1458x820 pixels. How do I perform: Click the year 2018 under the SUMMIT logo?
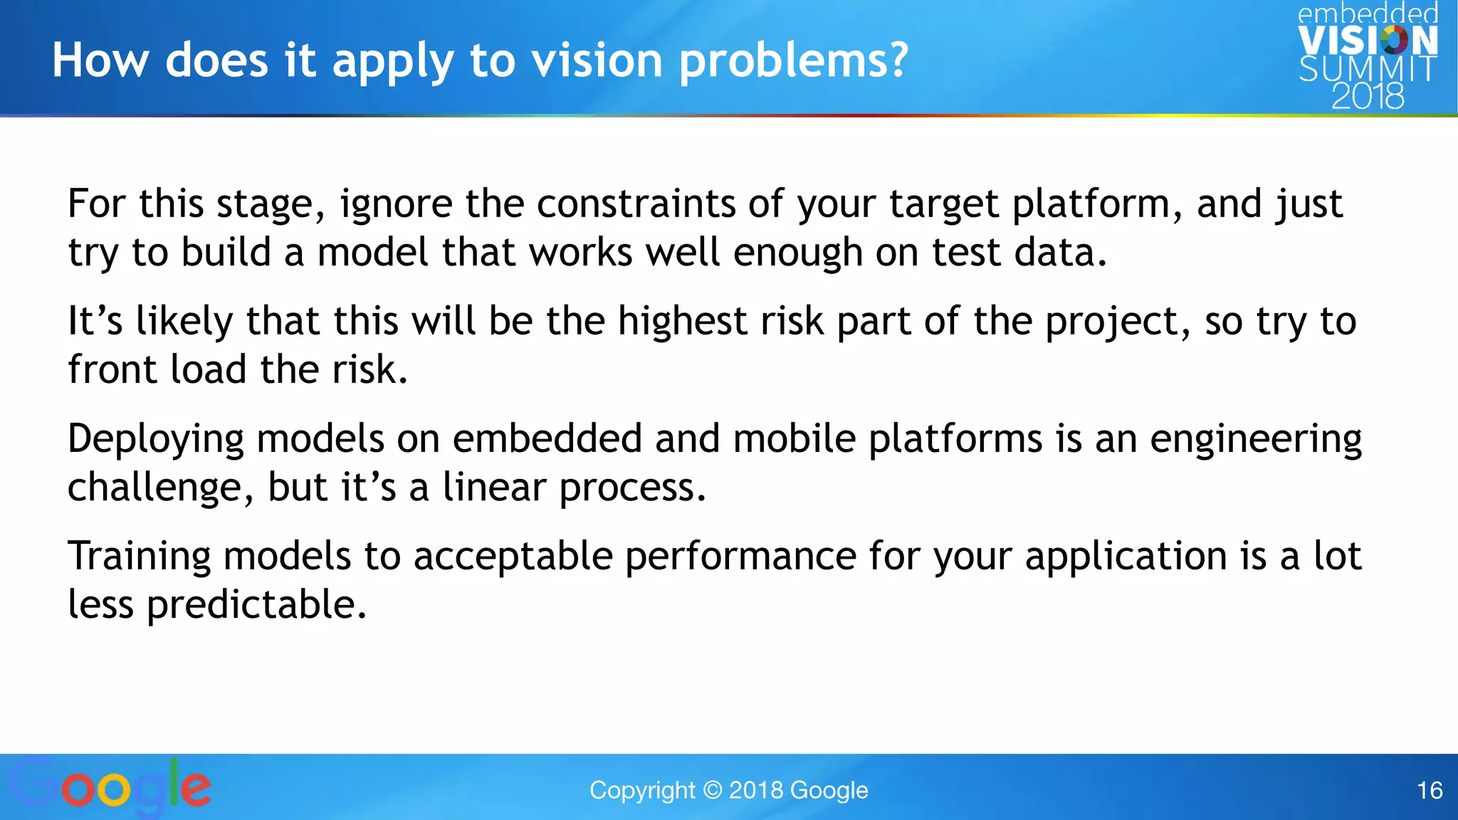pos(1368,96)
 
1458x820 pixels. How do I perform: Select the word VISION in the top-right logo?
pos(1368,41)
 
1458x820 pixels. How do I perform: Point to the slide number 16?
pos(1430,790)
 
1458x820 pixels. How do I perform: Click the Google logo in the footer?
pos(110,787)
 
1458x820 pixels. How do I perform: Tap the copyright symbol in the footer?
pos(712,790)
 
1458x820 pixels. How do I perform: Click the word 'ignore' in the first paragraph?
pos(396,204)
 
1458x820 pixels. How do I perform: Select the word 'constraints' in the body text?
pos(635,204)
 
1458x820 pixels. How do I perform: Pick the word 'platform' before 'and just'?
pos(1091,204)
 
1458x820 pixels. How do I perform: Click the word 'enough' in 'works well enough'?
pos(797,253)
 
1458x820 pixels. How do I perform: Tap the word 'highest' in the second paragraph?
pos(682,321)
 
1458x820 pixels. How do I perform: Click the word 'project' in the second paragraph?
pos(1111,322)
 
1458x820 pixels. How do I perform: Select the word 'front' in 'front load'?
pos(112,369)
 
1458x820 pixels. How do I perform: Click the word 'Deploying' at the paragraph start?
pos(155,439)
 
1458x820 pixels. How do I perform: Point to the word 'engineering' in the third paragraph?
pos(1256,439)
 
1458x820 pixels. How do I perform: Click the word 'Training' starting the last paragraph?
pos(139,557)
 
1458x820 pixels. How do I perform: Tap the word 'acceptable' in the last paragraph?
pos(513,557)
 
